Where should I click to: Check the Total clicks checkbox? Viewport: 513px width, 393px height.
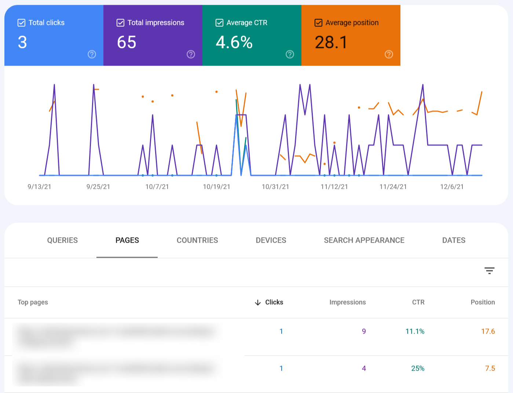click(22, 23)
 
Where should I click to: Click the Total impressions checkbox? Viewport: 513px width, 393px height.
click(120, 23)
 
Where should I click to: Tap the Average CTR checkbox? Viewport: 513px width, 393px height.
click(219, 23)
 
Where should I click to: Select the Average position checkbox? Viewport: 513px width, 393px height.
click(318, 23)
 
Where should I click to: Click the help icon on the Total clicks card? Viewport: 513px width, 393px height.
click(92, 54)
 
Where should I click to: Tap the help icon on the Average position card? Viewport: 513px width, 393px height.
click(389, 54)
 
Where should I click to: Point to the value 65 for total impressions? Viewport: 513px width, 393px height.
click(127, 43)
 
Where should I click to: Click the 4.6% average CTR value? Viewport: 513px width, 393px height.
click(234, 43)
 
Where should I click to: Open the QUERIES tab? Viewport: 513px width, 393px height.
click(62, 240)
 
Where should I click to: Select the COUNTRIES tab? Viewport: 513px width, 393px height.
click(197, 240)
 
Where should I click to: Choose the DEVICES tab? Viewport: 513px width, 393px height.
click(271, 240)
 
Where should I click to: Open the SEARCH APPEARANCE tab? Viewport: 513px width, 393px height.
click(364, 240)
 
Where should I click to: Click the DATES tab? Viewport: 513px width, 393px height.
click(454, 240)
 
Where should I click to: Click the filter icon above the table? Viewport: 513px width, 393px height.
click(489, 271)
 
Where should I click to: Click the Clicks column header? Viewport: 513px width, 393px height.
click(274, 302)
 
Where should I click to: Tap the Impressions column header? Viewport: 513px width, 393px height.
click(347, 302)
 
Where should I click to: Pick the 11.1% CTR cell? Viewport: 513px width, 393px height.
click(415, 331)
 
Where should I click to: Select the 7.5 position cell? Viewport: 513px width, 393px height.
click(490, 368)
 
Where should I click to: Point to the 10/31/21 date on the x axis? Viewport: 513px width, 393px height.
click(275, 187)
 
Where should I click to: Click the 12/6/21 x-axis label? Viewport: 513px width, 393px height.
click(452, 187)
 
